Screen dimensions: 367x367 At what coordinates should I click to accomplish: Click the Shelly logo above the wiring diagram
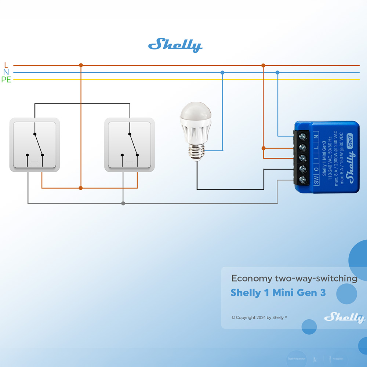pos(175,45)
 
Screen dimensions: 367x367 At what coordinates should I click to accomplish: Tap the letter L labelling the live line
pos(6,65)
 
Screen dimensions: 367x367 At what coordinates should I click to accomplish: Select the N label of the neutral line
pos(6,72)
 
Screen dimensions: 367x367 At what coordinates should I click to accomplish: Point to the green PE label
pos(6,80)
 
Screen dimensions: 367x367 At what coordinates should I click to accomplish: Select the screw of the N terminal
pos(303,137)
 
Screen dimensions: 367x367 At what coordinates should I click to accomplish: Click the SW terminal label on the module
pos(316,180)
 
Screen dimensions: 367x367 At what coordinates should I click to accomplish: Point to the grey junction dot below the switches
pos(123,203)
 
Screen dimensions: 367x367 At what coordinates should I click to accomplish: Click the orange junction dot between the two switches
pos(81,188)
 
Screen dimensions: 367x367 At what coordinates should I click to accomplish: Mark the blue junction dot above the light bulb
pos(222,73)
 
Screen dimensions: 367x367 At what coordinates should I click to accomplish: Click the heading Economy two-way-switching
pos(294,278)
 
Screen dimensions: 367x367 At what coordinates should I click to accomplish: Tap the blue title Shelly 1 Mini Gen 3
pos(278,293)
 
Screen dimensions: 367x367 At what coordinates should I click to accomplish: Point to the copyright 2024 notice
pos(259,317)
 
